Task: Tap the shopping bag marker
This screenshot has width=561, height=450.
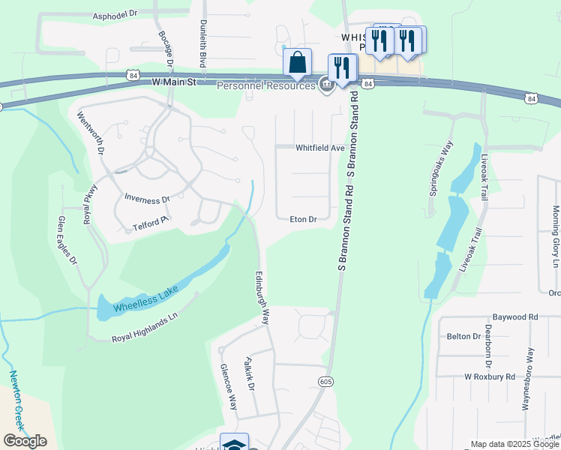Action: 298,62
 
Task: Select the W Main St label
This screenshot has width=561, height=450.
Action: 173,81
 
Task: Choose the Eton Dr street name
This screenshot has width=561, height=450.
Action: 304,220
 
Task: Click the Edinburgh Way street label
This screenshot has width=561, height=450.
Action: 262,297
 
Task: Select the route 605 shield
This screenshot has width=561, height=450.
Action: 325,382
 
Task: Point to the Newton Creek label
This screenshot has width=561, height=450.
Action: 17,400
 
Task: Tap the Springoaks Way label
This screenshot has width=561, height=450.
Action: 441,169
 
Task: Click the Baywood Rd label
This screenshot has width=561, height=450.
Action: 515,317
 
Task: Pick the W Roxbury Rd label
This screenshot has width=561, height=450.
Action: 490,376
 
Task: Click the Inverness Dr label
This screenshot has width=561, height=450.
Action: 147,199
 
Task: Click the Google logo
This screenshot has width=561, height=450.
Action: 25,441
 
